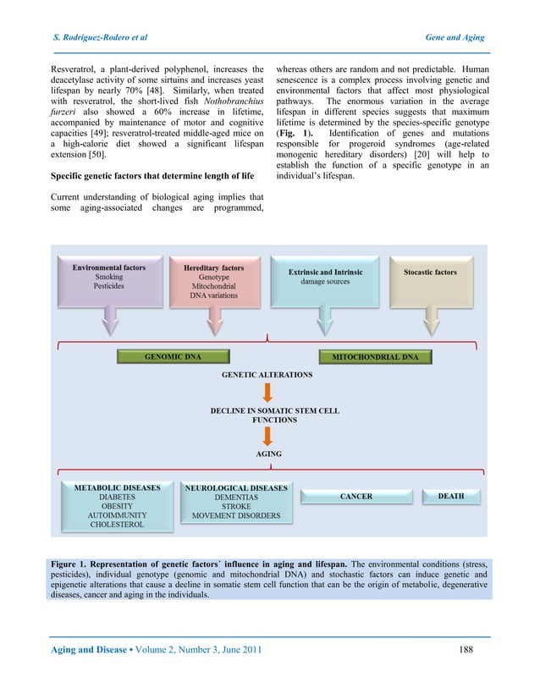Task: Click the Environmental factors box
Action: click(x=108, y=282)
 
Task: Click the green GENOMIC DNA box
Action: click(x=173, y=357)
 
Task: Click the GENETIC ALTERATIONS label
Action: click(x=267, y=374)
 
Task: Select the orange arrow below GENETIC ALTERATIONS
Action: click(x=267, y=393)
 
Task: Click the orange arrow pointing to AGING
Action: click(x=267, y=436)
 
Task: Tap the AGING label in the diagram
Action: click(x=268, y=454)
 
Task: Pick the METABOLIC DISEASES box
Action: click(x=117, y=506)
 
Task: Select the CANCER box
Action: click(x=355, y=497)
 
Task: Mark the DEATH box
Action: click(x=450, y=497)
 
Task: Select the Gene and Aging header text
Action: click(x=454, y=38)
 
